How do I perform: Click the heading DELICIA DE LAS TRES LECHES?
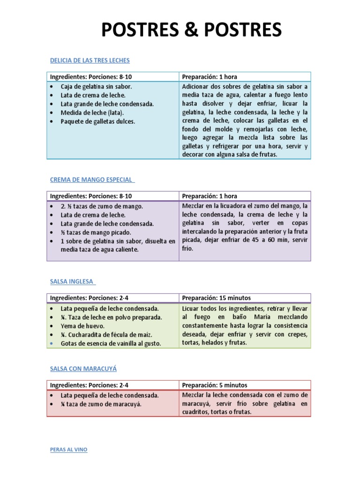(90, 60)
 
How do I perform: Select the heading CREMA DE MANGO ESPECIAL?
(91, 180)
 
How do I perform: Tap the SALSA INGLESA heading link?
(72, 281)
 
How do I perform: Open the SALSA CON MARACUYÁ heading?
(83, 369)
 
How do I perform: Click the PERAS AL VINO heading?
(68, 450)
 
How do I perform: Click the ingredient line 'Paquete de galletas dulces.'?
(97, 121)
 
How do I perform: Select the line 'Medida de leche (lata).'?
(92, 112)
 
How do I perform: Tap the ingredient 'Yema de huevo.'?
(82, 326)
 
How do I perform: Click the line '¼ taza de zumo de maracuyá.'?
(101, 404)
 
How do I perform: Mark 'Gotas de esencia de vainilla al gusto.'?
(111, 344)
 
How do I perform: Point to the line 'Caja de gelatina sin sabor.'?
(96, 87)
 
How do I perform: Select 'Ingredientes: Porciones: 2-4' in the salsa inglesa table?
(89, 298)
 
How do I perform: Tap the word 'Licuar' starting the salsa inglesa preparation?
(191, 309)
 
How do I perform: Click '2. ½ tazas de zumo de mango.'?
(101, 206)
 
